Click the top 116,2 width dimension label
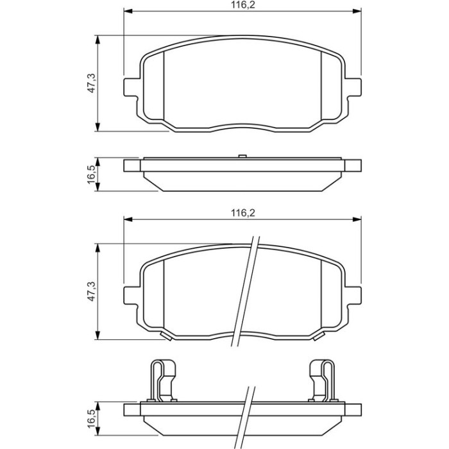[243, 4]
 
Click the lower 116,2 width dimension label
[243, 213]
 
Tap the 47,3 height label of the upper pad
[91, 83]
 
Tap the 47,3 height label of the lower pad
[91, 291]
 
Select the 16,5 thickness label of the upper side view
[91, 174]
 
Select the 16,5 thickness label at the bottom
[91, 418]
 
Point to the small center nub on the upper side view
[242, 156]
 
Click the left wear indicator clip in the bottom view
[163, 382]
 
